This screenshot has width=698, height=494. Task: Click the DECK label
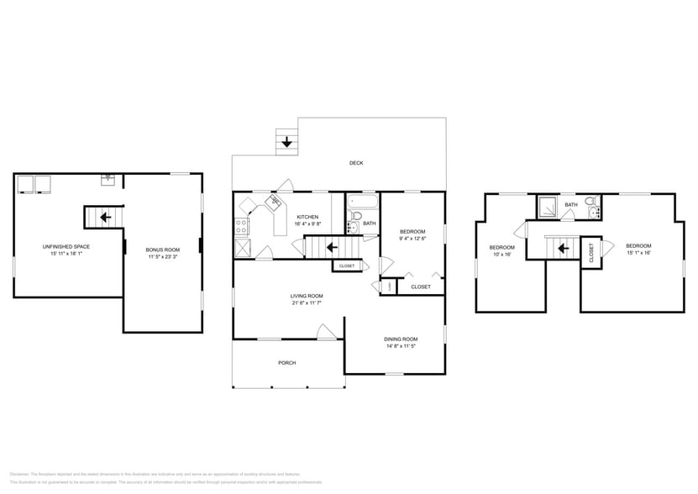pyautogui.click(x=356, y=163)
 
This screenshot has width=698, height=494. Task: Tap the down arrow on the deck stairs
pyautogui.click(x=287, y=142)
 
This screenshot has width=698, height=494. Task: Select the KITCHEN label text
pyautogui.click(x=307, y=218)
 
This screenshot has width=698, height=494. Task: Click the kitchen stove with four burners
pyautogui.click(x=242, y=225)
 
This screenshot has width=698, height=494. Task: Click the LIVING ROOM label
pyautogui.click(x=307, y=296)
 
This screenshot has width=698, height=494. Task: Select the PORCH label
pyautogui.click(x=286, y=363)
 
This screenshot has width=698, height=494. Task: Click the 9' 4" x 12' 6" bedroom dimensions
pyautogui.click(x=412, y=239)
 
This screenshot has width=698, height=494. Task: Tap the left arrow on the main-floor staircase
pyautogui.click(x=331, y=247)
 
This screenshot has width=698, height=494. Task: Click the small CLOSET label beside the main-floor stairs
pyautogui.click(x=346, y=266)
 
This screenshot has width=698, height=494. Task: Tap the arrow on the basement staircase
pyautogui.click(x=106, y=217)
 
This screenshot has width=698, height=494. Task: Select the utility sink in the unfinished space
pyautogui.click(x=108, y=179)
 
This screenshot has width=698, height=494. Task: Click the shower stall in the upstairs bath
pyautogui.click(x=548, y=205)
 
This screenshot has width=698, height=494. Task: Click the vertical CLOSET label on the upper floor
pyautogui.click(x=591, y=253)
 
